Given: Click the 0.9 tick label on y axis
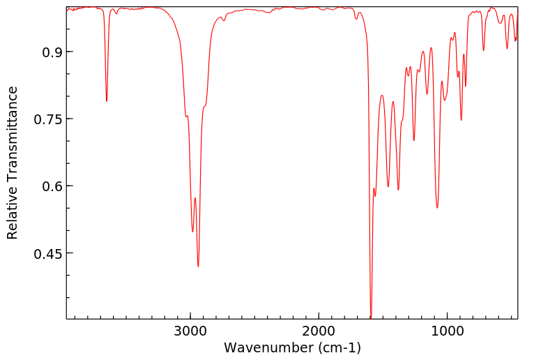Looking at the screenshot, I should (48, 52).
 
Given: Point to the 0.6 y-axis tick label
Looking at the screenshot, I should (48, 186).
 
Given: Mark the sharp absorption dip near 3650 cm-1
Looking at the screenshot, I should (107, 100).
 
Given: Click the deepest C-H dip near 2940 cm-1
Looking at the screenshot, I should (198, 266).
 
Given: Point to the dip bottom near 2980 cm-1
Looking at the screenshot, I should (192, 231).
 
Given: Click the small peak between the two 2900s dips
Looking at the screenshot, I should (195, 198).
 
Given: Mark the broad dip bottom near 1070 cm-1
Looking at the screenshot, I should (437, 207).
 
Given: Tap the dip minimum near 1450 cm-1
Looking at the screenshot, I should (388, 186).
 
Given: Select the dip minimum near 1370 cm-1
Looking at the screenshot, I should (398, 189).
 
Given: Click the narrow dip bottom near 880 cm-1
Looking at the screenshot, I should (461, 119).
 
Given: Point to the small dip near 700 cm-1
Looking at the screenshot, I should (484, 50).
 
